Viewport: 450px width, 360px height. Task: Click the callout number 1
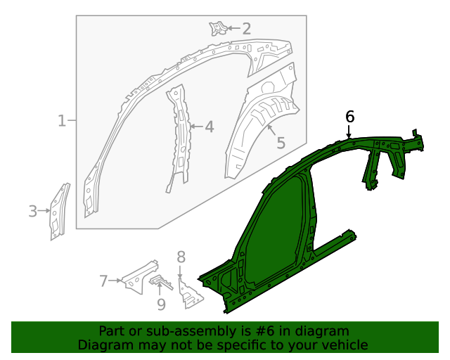tap(62, 121)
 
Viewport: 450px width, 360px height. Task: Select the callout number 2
tap(246, 29)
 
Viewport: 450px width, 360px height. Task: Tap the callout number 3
tap(32, 210)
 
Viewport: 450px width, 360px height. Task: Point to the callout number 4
tap(209, 127)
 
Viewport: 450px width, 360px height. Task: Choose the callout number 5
tap(281, 143)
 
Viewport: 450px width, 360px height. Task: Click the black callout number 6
tap(350, 116)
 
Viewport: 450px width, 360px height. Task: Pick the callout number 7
tap(103, 281)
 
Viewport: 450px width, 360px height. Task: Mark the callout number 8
tap(181, 257)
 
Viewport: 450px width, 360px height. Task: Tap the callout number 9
tap(161, 304)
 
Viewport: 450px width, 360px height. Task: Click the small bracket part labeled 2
tap(217, 28)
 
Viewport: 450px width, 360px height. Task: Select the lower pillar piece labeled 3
tap(59, 211)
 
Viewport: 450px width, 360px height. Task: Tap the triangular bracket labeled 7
tap(138, 276)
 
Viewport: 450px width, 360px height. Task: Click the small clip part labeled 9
tap(161, 283)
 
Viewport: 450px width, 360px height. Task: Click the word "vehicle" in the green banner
tap(343, 345)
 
